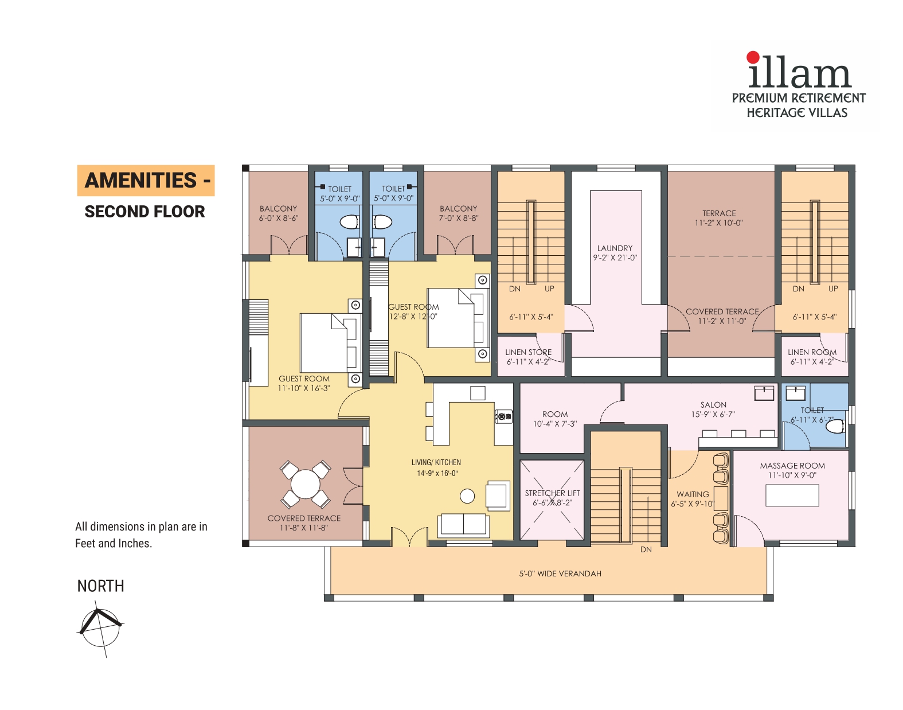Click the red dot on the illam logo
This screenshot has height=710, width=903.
[753, 57]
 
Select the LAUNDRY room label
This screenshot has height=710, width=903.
[615, 248]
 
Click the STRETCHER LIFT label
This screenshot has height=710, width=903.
[552, 493]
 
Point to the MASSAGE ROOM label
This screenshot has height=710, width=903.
[792, 466]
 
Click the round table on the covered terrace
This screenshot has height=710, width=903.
[306, 484]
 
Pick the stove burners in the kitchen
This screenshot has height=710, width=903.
[503, 416]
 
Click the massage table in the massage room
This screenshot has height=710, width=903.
[792, 495]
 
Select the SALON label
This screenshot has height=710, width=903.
[713, 404]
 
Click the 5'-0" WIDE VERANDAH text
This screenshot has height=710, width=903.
[560, 574]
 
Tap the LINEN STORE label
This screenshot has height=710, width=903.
[528, 352]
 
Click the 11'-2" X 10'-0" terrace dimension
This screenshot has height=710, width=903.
[718, 223]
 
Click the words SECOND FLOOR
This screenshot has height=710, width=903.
[144, 212]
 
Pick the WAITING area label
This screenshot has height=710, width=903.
[693, 494]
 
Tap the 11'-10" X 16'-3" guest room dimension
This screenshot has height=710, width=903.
[304, 388]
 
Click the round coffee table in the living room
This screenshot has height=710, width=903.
[467, 496]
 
